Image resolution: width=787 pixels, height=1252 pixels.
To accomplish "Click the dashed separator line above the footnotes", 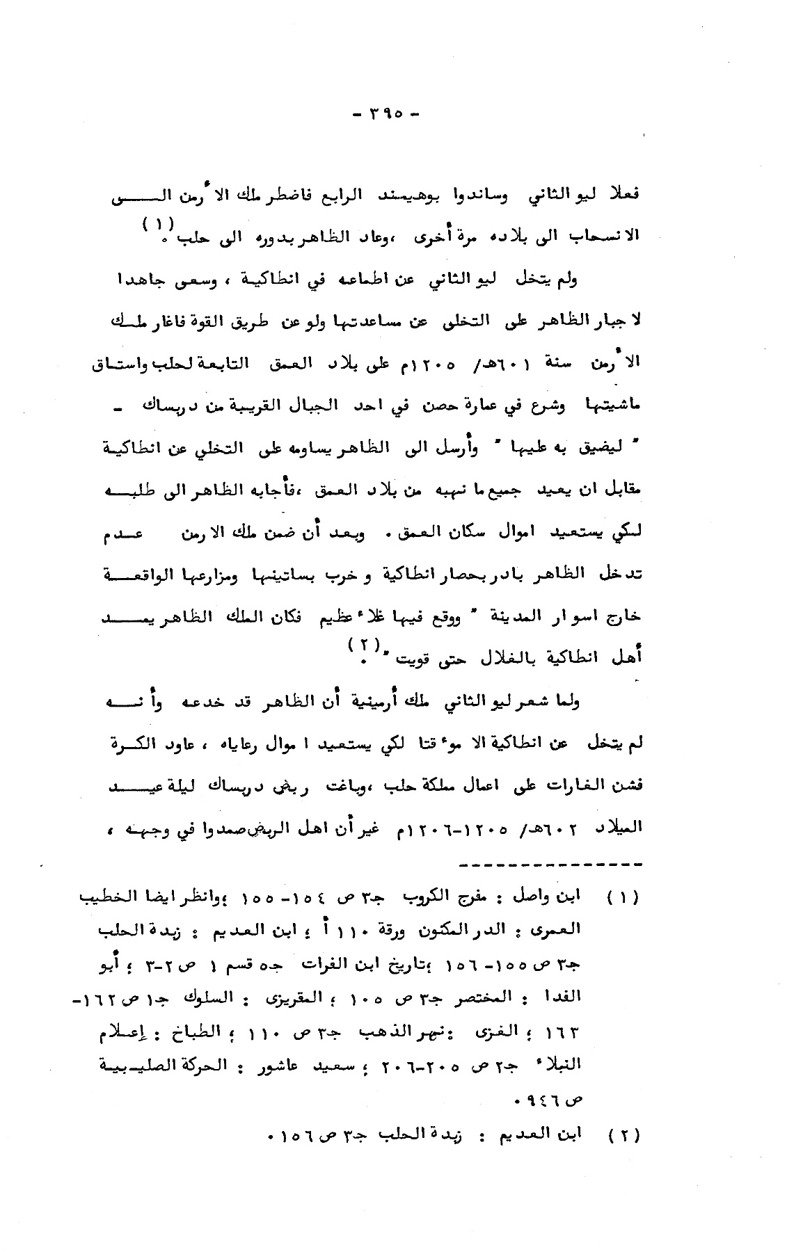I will point(550,865).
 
